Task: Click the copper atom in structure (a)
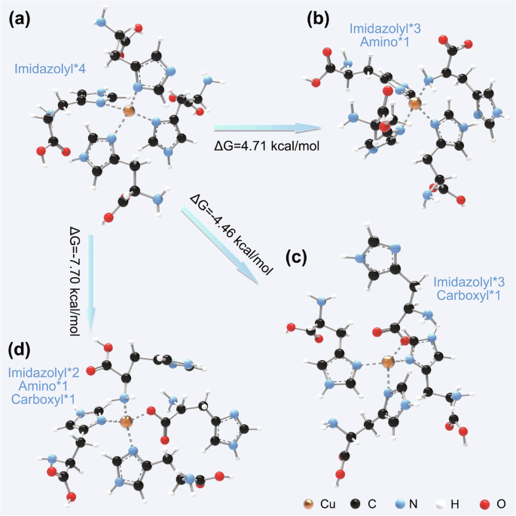click(129, 111)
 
